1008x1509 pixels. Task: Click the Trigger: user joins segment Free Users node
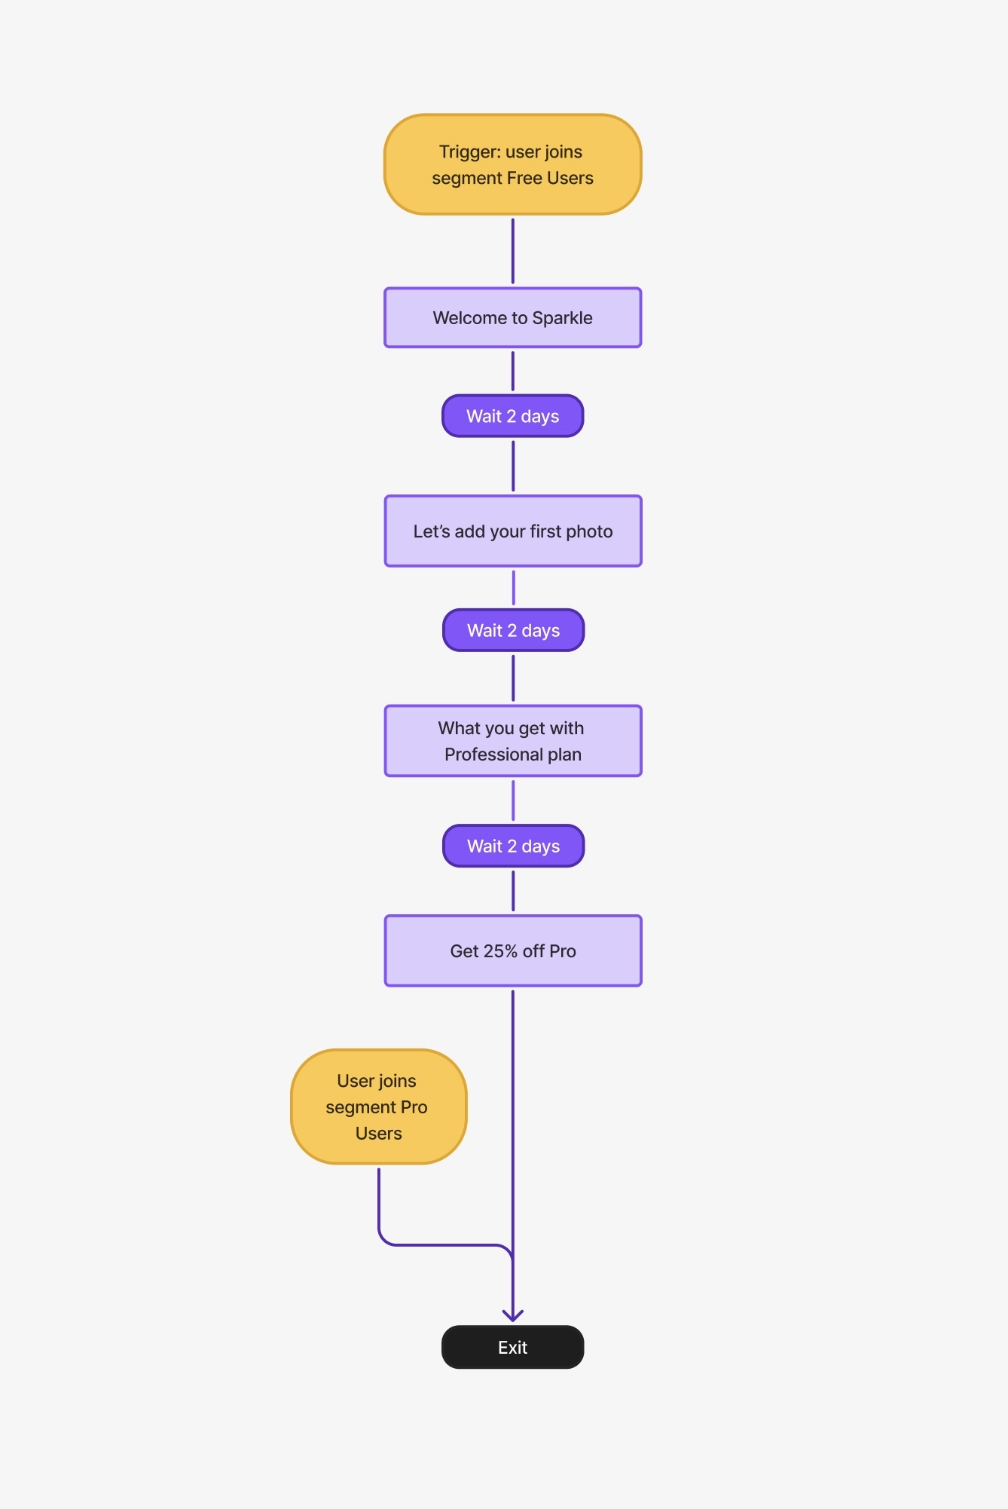(x=512, y=164)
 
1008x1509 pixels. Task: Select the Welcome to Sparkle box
(x=512, y=317)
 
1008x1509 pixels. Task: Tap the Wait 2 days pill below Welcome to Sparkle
(x=512, y=416)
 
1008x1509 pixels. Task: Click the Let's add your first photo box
(x=512, y=531)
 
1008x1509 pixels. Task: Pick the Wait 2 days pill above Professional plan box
(x=513, y=630)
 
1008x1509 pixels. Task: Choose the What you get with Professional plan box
(x=512, y=740)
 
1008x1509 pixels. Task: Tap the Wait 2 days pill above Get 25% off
(x=513, y=846)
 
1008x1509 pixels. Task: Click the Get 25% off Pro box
(x=512, y=950)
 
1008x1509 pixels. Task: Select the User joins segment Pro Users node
(x=378, y=1106)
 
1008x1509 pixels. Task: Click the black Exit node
(x=512, y=1347)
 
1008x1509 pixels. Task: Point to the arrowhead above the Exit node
(x=512, y=1315)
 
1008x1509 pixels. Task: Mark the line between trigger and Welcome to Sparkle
(x=512, y=251)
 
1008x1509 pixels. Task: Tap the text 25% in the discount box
(x=500, y=951)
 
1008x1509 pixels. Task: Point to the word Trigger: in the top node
(x=469, y=152)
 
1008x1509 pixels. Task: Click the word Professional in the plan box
(x=493, y=754)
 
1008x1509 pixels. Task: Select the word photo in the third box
(x=589, y=531)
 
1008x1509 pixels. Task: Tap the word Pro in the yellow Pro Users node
(x=414, y=1107)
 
